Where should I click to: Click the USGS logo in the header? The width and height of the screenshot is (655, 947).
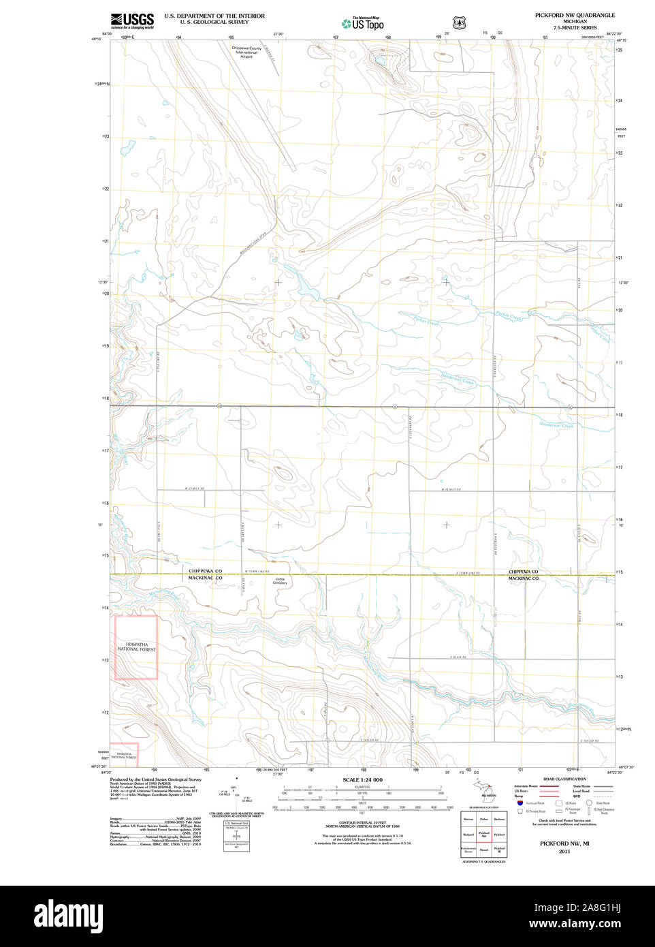pos(132,20)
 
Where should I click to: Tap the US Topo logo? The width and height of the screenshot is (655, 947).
pos(363,23)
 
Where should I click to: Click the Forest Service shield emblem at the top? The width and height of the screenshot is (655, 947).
pos(459,22)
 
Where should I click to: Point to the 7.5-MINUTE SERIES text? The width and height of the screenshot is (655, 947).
pos(575,28)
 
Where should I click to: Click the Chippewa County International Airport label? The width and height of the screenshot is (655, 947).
pos(246,52)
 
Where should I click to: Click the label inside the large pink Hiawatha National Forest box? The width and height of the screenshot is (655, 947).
pos(136,647)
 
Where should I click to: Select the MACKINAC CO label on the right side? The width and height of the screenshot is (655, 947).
pos(523,578)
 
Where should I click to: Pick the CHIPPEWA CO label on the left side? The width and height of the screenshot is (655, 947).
pos(205,571)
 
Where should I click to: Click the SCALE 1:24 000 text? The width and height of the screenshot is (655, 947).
pos(362,780)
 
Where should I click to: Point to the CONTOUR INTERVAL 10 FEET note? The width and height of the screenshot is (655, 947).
pos(362,823)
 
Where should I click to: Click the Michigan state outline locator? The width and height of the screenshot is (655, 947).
pos(487,788)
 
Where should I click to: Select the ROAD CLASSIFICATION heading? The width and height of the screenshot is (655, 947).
pos(564,779)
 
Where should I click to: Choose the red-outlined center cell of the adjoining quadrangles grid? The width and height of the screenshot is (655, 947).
pos(484,835)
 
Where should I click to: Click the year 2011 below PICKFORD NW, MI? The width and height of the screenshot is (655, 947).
pos(564,852)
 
